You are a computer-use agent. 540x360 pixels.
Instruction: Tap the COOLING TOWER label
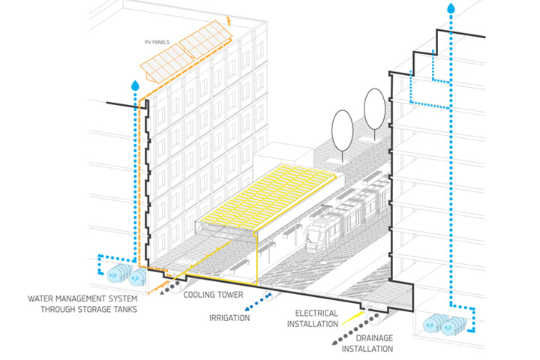click(213, 295)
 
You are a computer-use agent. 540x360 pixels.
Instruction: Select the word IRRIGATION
click(229, 318)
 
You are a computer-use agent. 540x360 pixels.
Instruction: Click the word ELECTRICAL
click(316, 313)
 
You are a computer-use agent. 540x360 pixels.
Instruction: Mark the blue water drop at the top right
click(451, 9)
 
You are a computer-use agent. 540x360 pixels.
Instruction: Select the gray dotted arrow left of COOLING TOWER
click(174, 290)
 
